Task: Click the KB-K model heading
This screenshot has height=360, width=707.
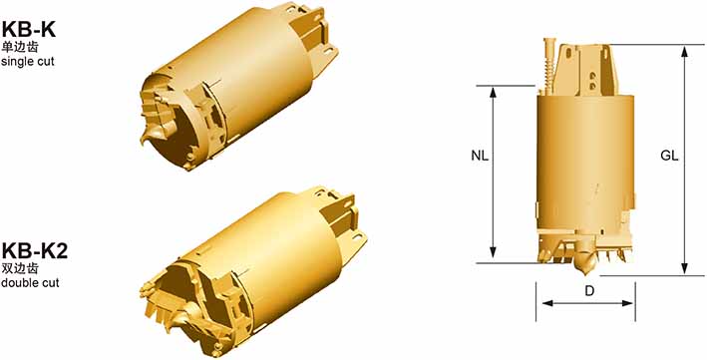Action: [28, 30]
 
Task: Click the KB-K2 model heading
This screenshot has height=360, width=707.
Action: [35, 251]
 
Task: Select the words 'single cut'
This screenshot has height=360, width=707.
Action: [28, 62]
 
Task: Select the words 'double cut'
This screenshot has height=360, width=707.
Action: [30, 283]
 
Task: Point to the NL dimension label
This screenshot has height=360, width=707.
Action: [480, 157]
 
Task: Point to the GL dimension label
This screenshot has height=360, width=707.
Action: [669, 157]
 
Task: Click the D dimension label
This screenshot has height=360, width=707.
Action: [589, 291]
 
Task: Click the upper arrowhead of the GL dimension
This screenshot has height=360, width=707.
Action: [684, 51]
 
